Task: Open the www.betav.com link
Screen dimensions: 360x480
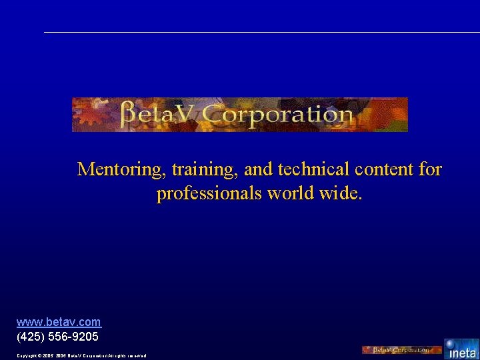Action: [x=59, y=323]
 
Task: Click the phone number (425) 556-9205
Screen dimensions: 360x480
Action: [x=57, y=337]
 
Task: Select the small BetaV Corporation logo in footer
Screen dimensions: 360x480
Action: [x=401, y=350]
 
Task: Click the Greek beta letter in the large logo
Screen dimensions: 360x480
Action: [x=131, y=115]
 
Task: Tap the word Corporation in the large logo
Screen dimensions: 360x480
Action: [x=277, y=115]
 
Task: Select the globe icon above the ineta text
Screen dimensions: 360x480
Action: [x=450, y=343]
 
